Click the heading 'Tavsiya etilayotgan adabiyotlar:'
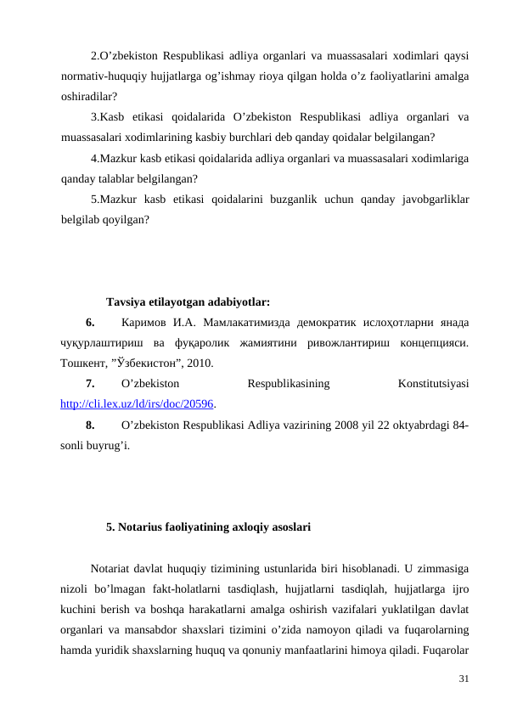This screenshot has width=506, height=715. pyautogui.click(x=188, y=301)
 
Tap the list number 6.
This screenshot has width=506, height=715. pyautogui.click(x=89, y=323)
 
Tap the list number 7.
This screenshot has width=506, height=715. pyautogui.click(x=89, y=384)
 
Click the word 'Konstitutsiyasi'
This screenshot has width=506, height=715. pyautogui.click(x=435, y=384)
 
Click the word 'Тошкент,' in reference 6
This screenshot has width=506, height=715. pyautogui.click(x=84, y=363)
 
